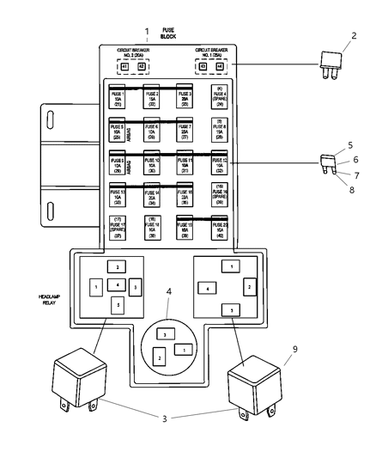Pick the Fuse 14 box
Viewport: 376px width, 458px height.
tap(152, 197)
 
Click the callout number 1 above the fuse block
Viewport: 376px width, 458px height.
tap(146, 32)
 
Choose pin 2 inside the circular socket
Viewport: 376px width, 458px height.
tap(158, 355)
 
